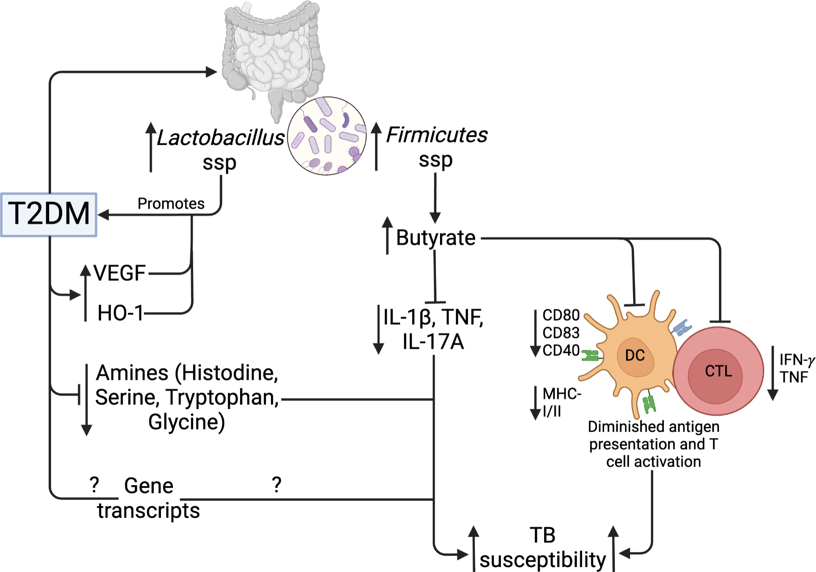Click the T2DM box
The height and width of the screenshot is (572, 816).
point(49,214)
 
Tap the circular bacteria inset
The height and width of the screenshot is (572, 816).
point(326,136)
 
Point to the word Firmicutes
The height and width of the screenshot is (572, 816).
point(436,135)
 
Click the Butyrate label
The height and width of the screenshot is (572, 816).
point(435,238)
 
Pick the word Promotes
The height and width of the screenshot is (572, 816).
point(171,204)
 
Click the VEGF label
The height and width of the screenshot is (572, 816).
point(120,273)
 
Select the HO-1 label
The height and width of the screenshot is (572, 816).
point(120,313)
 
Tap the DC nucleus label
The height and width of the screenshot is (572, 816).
point(634,356)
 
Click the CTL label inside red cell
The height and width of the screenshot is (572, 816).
point(719,371)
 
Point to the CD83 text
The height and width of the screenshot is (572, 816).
point(561,333)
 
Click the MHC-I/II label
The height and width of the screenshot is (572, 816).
point(561,402)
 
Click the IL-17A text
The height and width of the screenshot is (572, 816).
point(433,342)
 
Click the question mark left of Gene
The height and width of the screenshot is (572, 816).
point(94,485)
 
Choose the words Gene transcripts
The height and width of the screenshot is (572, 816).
point(148,498)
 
